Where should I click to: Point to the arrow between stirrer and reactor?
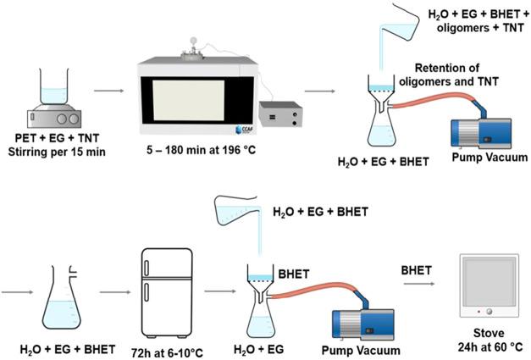tap(107, 87)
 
